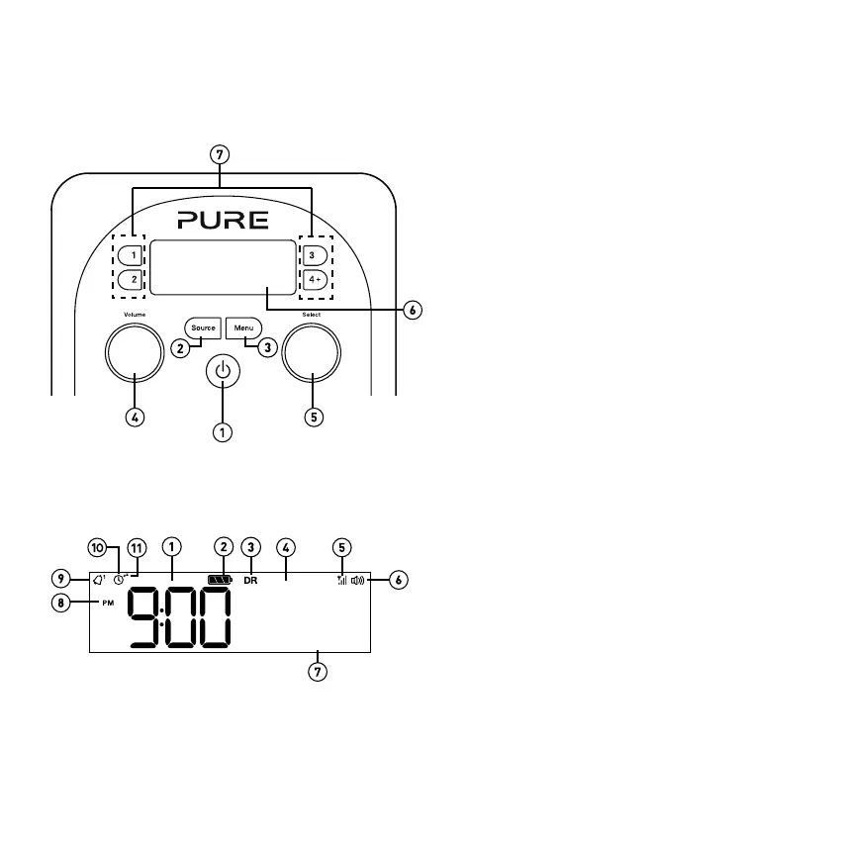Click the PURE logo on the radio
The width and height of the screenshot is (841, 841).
point(223,219)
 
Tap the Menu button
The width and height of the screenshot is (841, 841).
point(243,327)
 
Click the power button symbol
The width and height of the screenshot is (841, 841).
point(223,373)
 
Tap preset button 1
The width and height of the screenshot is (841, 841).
point(132,256)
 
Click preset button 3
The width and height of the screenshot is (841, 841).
point(315,256)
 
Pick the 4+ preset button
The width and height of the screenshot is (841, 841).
point(315,280)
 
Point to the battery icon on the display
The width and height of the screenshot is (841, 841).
point(220,580)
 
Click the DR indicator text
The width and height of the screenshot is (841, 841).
point(250,581)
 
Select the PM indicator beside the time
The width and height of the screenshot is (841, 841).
point(107,603)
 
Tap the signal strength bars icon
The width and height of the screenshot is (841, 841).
point(342,580)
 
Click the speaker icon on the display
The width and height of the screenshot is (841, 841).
point(358,580)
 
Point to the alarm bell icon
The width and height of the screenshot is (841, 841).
point(98,580)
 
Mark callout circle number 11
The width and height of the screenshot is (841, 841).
point(136,547)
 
